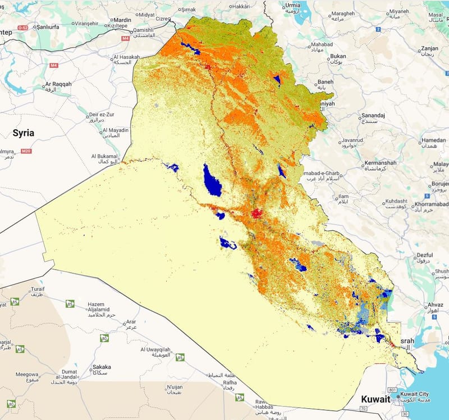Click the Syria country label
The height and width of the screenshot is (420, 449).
(24, 133)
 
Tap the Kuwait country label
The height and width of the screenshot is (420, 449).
(375, 399)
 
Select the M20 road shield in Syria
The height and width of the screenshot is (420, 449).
(25, 152)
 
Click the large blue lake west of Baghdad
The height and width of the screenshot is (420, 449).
(212, 179)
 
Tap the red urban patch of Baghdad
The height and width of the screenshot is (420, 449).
(257, 213)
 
